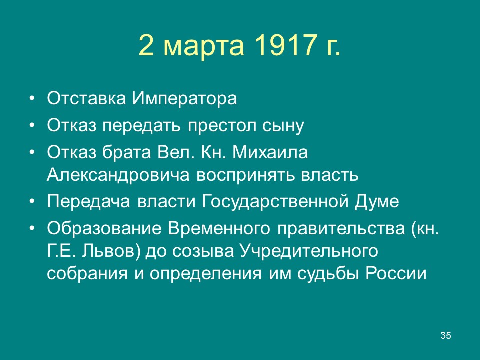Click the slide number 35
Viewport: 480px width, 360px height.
coord(446,335)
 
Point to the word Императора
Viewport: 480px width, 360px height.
coord(184,98)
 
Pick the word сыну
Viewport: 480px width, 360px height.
coord(283,125)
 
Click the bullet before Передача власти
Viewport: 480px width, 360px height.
coord(32,202)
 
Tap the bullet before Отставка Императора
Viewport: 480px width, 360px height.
coord(32,98)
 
